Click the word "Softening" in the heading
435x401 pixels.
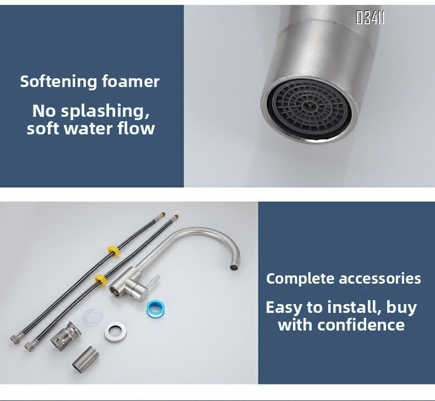(x=59, y=82)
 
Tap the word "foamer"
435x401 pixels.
(x=130, y=82)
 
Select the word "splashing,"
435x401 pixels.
(x=105, y=111)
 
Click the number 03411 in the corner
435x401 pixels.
(x=370, y=18)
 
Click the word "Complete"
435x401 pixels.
(x=300, y=278)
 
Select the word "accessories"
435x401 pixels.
(x=380, y=279)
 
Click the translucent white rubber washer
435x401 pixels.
(x=93, y=317)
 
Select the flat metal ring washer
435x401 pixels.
(x=116, y=332)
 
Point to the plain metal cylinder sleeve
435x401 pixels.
(x=86, y=359)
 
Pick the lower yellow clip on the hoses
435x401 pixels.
(x=101, y=279)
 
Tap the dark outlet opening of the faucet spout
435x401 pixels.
(x=234, y=267)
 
